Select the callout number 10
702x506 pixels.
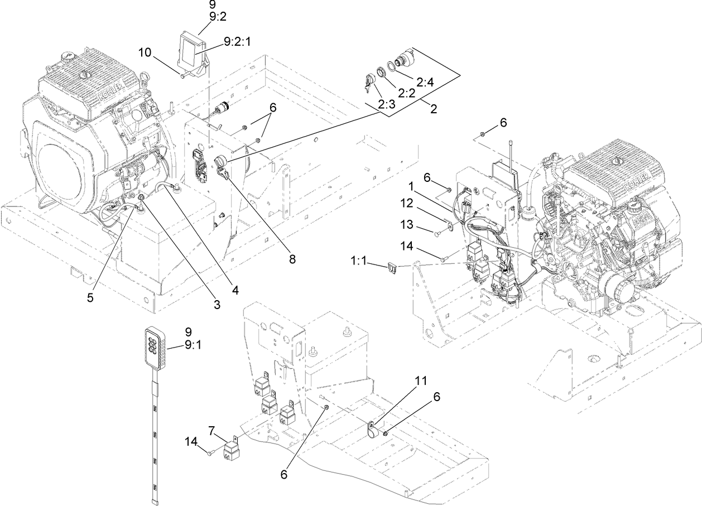[145, 52]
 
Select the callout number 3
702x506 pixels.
[217, 305]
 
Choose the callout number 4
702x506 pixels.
[236, 290]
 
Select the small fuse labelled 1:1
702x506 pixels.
[392, 269]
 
